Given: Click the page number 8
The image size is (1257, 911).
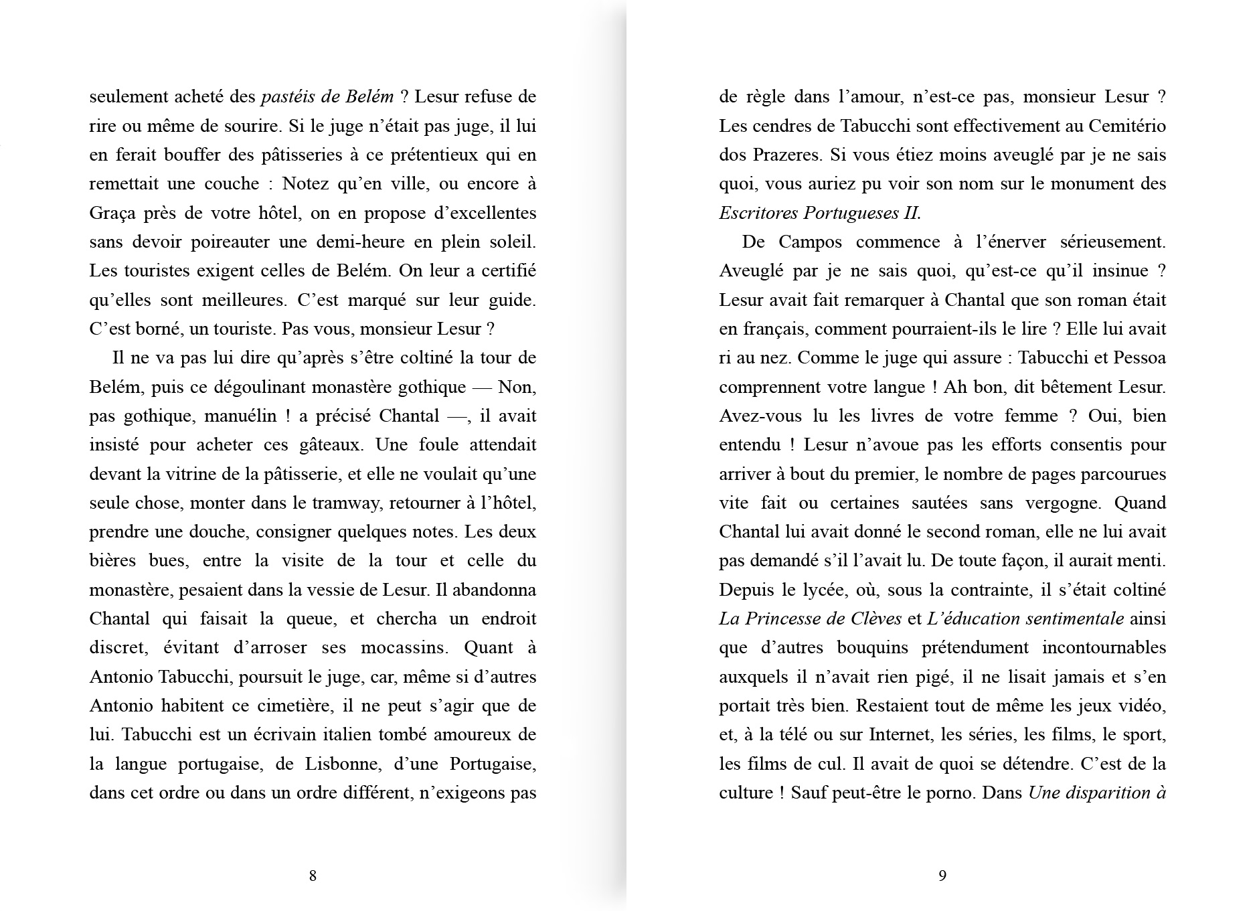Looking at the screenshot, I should coord(313,876).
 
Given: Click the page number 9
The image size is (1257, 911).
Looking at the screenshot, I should coord(942,876).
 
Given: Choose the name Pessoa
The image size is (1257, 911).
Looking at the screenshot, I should coord(1139,358).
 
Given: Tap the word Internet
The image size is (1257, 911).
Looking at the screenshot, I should coord(900,735).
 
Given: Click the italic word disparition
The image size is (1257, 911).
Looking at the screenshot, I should coord(1099,793).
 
